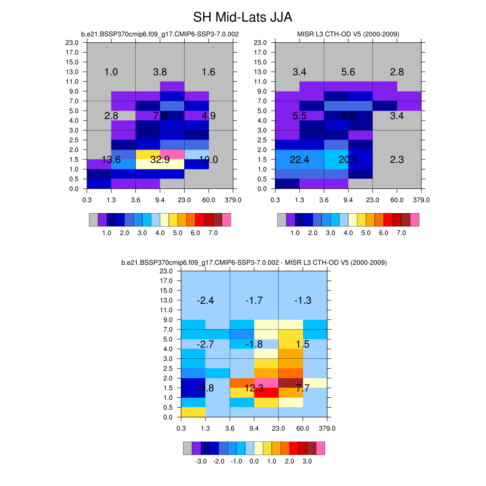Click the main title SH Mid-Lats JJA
[x=243, y=18]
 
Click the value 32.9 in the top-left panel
[x=160, y=160]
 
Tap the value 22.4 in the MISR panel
[x=299, y=160]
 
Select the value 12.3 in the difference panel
[x=254, y=388]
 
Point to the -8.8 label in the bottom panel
[x=205, y=388]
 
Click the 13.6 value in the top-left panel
[x=111, y=160]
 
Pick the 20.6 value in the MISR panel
[x=348, y=160]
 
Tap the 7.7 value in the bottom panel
[x=302, y=388]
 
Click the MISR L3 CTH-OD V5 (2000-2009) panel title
[x=348, y=34]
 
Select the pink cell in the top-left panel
[x=172, y=155]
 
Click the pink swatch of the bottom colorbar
[x=320, y=448]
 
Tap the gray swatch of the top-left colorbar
[x=93, y=220]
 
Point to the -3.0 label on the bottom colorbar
[x=201, y=461]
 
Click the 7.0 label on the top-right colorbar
[x=401, y=233]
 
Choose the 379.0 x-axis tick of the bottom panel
[x=327, y=428]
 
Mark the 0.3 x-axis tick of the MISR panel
[x=275, y=199]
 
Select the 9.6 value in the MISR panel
[x=348, y=116]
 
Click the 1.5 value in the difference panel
[x=302, y=344]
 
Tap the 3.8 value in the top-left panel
[x=160, y=72]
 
